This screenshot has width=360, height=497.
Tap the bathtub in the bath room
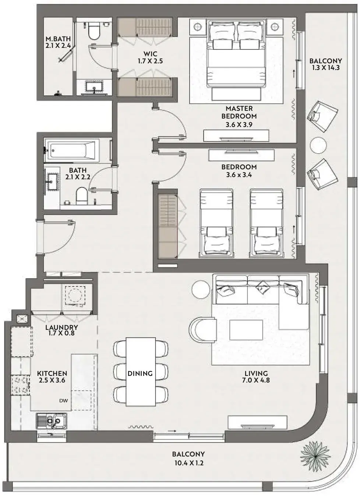71,151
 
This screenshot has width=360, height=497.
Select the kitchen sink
52,421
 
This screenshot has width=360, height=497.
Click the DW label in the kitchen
63,401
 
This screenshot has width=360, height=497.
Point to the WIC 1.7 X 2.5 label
150,57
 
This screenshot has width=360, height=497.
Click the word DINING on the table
140,374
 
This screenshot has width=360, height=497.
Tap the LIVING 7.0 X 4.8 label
256,377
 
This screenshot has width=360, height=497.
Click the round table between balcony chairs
318,145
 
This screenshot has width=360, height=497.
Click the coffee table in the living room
246,330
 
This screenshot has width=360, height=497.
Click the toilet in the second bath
81,196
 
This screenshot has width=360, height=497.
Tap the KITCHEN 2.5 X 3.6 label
52,377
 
